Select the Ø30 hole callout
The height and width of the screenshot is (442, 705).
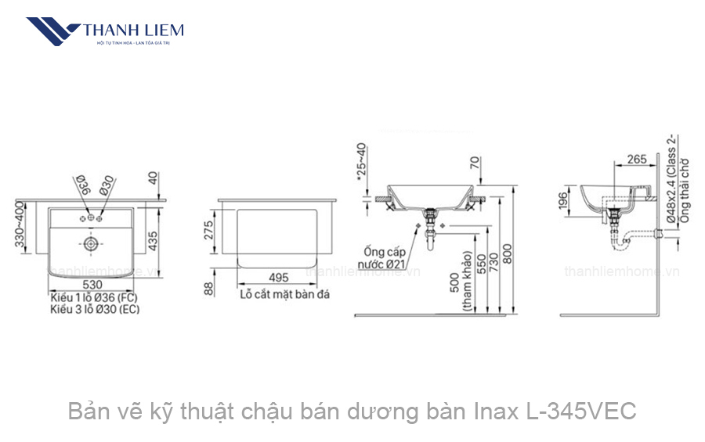(107, 185)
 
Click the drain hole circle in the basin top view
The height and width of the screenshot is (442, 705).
(92, 244)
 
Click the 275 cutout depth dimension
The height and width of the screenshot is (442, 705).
(208, 230)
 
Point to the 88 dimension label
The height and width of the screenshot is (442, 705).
(208, 289)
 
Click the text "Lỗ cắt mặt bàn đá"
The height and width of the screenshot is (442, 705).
(284, 295)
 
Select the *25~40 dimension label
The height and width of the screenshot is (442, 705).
(361, 162)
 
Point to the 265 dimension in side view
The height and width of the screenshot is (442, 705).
(637, 160)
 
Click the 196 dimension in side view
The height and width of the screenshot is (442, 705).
(561, 201)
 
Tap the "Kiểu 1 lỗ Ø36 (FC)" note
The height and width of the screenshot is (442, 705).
(94, 297)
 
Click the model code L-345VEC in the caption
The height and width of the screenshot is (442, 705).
(578, 411)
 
